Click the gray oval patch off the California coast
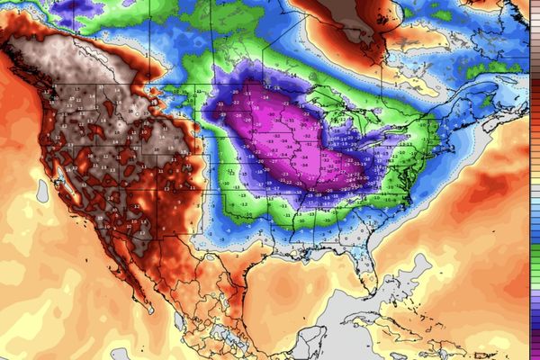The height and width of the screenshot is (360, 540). pyautogui.click(x=42, y=190)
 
